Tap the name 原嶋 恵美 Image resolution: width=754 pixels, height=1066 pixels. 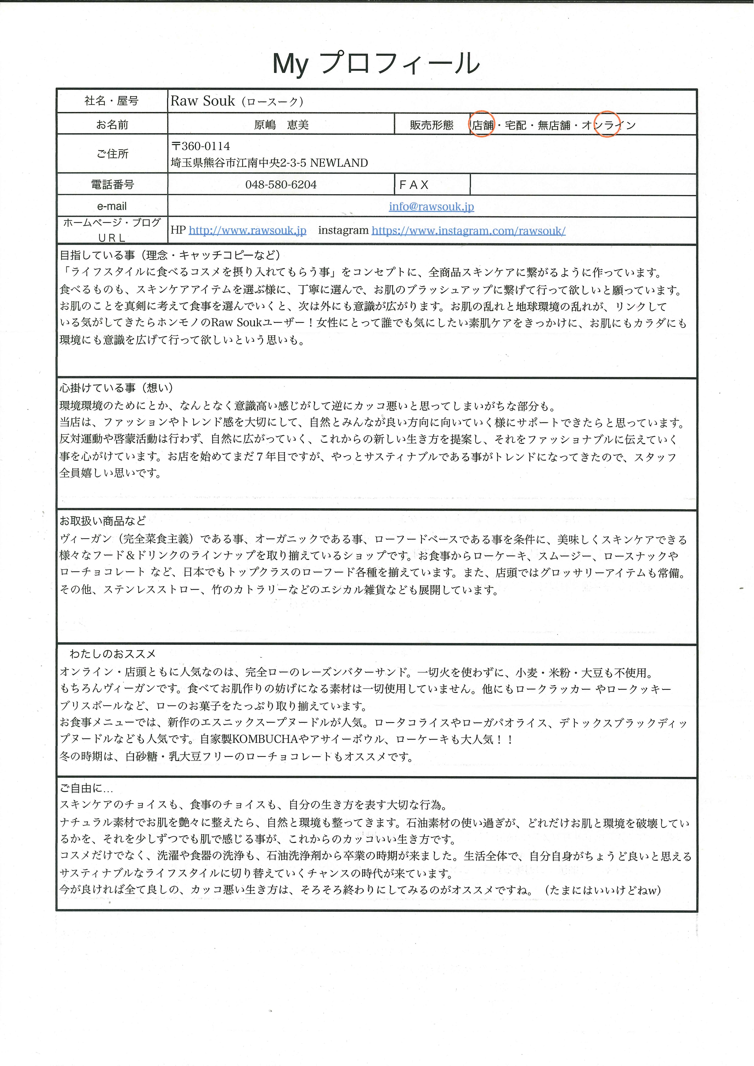281,125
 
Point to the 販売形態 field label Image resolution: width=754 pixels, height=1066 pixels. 431,125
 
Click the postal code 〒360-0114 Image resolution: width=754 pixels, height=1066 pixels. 201,146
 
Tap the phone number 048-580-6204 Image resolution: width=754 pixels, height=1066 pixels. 281,185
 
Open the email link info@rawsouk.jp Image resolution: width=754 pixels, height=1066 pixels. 431,207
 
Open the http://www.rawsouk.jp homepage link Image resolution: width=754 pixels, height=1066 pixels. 247,231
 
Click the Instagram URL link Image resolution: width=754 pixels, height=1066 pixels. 468,231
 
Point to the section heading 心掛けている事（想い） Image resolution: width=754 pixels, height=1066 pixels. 116,388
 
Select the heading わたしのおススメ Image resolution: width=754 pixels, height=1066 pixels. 113,654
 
